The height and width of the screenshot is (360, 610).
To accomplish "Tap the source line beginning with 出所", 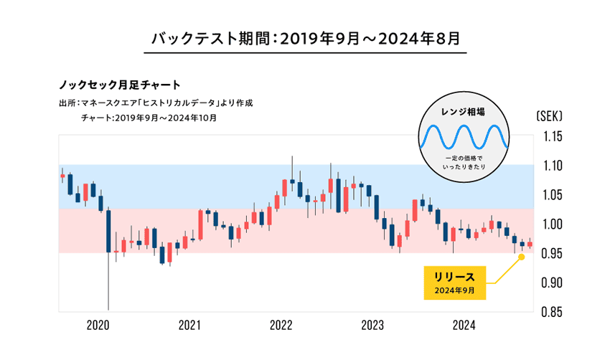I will (156, 103).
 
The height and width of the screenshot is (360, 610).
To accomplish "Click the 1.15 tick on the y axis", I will (551, 137).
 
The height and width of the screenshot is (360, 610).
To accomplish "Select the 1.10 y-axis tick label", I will (551, 166).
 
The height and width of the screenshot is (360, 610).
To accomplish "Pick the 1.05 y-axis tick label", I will (551, 195).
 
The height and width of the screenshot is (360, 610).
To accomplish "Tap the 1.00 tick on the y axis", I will (551, 224).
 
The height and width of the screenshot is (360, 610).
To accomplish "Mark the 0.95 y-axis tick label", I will (551, 254).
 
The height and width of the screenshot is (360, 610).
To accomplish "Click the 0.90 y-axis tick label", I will (551, 283).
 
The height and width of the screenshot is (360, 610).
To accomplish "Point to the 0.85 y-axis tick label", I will (551, 312).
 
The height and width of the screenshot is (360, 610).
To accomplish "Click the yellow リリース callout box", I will (454, 283).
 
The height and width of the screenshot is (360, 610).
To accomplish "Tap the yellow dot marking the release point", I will (521, 256).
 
